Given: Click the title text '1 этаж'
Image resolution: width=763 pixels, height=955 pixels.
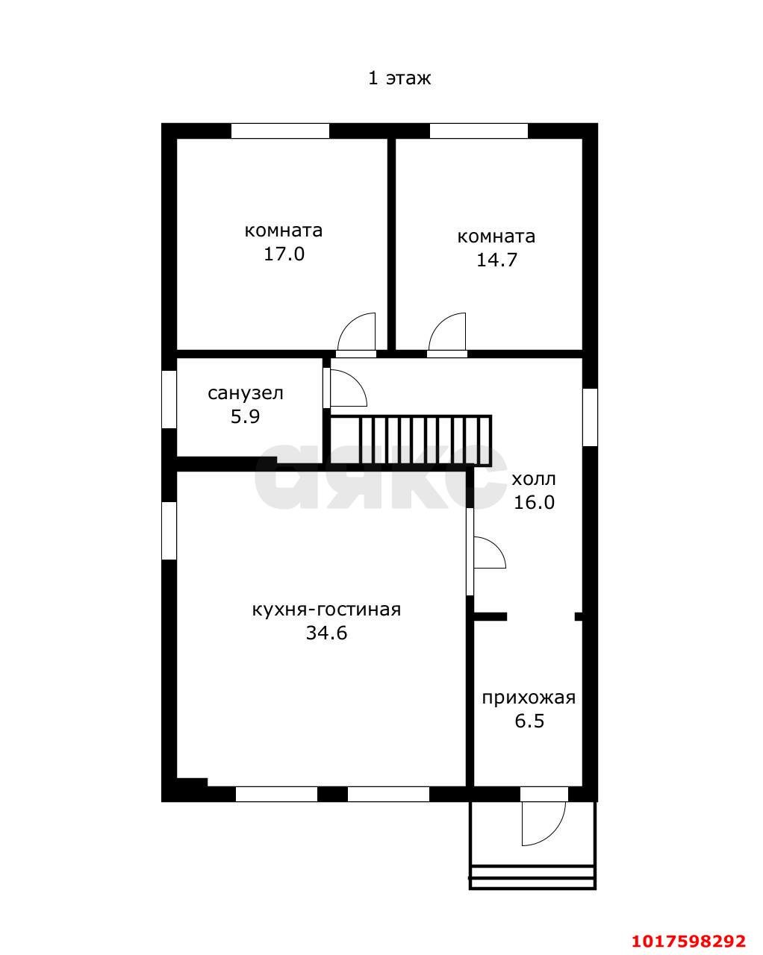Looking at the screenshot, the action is [399, 78].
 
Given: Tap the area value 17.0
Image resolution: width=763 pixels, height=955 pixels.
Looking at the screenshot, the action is [284, 254].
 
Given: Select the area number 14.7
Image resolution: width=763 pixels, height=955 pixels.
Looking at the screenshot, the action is [496, 260].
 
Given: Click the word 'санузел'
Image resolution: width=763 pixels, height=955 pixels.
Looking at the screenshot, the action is [246, 393].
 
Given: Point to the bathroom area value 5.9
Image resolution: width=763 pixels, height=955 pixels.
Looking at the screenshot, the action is [245, 417].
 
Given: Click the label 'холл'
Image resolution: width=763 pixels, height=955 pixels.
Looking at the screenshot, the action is [534, 479].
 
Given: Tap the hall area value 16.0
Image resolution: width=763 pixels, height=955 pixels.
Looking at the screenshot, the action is [534, 502].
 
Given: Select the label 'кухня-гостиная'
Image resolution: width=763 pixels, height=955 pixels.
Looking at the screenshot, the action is [326, 610].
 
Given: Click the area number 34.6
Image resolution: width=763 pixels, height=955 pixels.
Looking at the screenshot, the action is [326, 633].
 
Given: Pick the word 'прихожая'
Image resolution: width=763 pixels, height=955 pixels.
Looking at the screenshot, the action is [529, 698].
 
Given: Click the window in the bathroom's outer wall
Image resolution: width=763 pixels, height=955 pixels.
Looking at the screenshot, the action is [169, 399].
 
